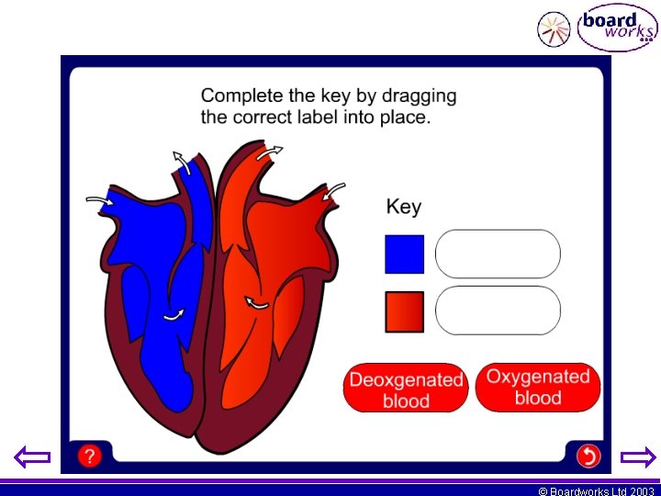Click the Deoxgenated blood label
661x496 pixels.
coord(406,389)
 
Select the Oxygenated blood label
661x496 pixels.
coord(537,387)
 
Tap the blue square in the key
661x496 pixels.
coord(404,254)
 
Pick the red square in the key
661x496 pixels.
coord(404,311)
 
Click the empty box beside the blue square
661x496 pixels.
coord(497,254)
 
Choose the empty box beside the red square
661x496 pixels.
coord(497,310)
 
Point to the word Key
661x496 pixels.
coord(403,207)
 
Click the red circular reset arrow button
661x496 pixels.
coord(588,456)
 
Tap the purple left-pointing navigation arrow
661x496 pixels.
coord(33,457)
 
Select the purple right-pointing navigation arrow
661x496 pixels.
coord(638,457)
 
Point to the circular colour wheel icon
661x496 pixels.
coord(554,29)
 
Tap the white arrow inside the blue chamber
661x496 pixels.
coord(173,315)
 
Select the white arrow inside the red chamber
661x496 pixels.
coord(257,302)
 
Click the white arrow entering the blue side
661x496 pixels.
coord(97,198)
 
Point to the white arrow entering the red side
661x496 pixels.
coord(334,190)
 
